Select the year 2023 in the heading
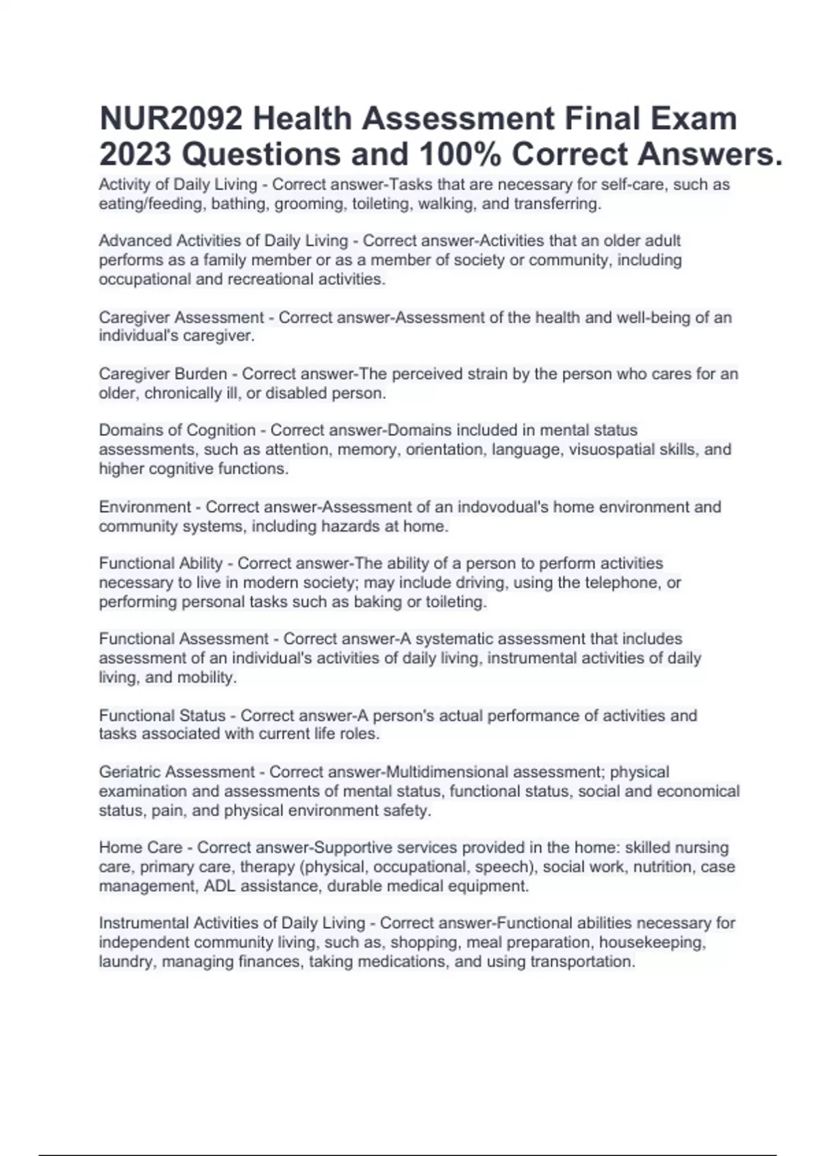pos(135,155)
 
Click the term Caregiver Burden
pos(163,374)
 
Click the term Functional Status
pos(162,715)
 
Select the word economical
pos(699,792)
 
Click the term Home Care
pos(141,848)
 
